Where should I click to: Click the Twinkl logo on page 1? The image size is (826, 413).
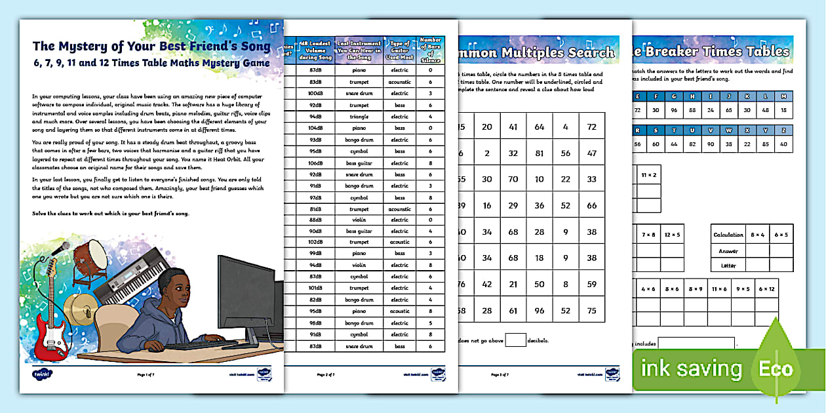(x=41, y=374)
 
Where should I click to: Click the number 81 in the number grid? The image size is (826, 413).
(x=539, y=153)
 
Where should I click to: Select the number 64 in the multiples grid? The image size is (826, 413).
(x=539, y=126)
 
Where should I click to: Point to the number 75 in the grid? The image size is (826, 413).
(x=591, y=311)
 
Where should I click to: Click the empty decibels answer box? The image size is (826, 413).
(x=516, y=340)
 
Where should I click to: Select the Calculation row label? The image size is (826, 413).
(x=729, y=234)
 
